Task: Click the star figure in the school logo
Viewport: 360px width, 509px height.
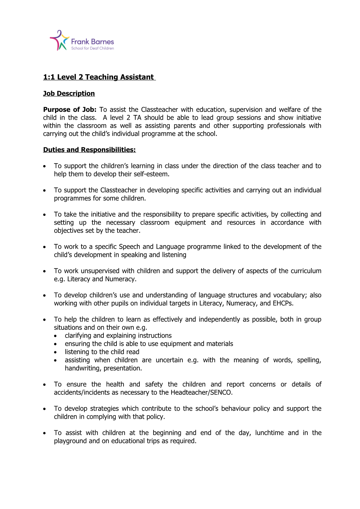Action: [59, 41]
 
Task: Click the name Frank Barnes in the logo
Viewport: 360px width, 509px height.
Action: [92, 42]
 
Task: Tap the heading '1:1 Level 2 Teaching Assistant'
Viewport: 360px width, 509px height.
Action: [98, 77]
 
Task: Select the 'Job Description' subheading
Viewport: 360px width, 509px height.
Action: [69, 93]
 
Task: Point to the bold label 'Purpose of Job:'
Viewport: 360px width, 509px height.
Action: [70, 110]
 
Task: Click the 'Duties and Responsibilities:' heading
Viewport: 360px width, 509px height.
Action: [89, 150]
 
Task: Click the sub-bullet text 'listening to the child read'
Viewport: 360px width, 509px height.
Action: [102, 352]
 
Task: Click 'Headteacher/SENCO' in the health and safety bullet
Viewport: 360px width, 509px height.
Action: [201, 393]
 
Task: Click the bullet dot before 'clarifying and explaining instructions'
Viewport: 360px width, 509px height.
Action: [56, 336]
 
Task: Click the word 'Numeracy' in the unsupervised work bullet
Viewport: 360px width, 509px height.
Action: [120, 279]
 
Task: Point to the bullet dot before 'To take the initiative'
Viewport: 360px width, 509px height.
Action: [44, 215]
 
